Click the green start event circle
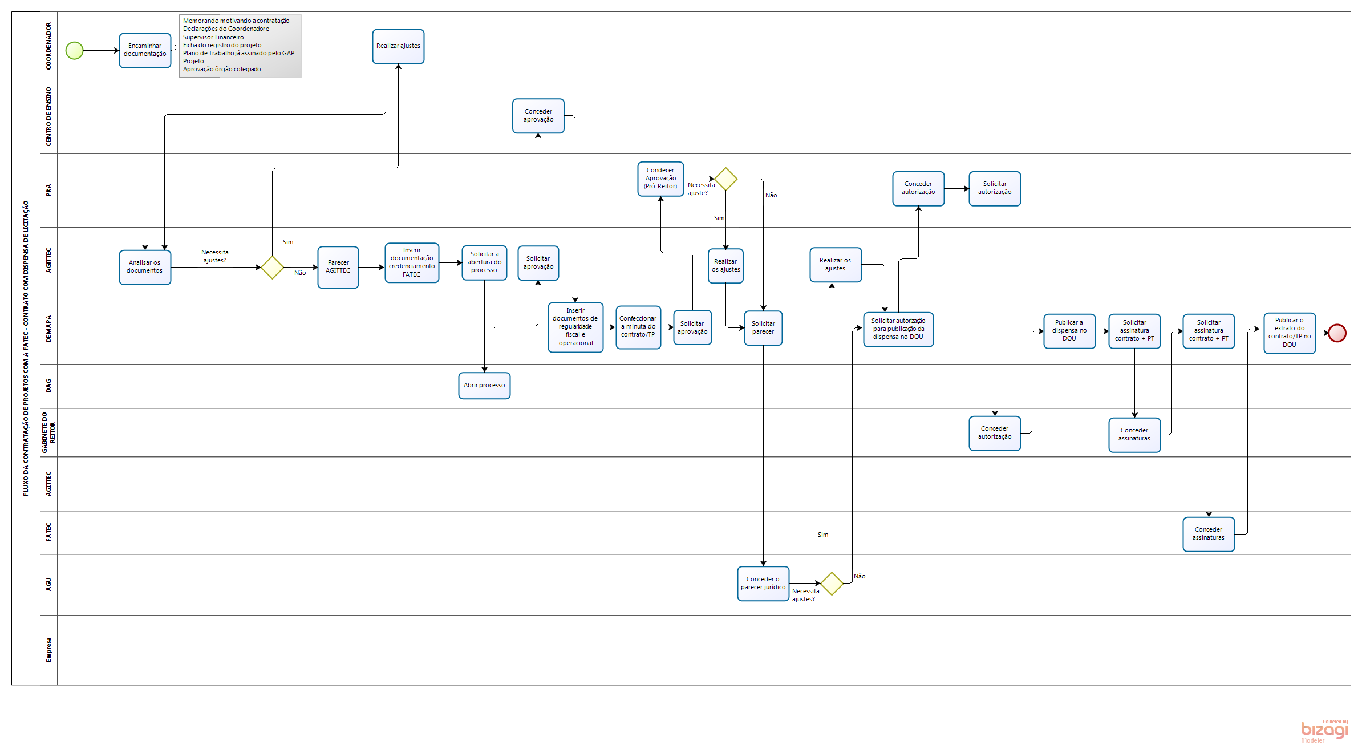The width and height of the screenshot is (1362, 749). [x=75, y=51]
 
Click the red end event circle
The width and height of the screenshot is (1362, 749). [x=1337, y=333]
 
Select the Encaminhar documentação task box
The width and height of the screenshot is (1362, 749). [x=145, y=50]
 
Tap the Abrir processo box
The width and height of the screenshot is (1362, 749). [x=484, y=386]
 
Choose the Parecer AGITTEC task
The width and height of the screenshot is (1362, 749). [x=338, y=267]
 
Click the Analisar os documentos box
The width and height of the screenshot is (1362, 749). [x=145, y=267]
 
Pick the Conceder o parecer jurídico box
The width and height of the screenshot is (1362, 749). [x=763, y=584]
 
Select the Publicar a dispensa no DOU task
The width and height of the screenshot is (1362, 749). [x=1069, y=331]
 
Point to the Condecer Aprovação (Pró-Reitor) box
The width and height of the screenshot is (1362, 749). [x=660, y=179]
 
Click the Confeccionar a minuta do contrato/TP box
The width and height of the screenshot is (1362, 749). [x=638, y=327]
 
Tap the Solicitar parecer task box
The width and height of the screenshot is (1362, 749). [x=763, y=328]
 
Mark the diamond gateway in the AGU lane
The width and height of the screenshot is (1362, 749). [x=832, y=584]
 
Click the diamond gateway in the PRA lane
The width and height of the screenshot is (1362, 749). [x=726, y=179]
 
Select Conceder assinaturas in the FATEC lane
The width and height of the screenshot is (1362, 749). [x=1209, y=534]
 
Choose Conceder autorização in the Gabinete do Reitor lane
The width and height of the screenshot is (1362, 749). [x=995, y=433]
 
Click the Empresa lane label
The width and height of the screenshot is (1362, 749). [x=48, y=650]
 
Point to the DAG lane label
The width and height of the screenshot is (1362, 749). [x=48, y=386]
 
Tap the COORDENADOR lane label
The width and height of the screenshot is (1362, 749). [x=48, y=46]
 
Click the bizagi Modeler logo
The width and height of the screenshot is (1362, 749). [x=1324, y=731]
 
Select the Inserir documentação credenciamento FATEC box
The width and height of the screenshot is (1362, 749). [x=412, y=262]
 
